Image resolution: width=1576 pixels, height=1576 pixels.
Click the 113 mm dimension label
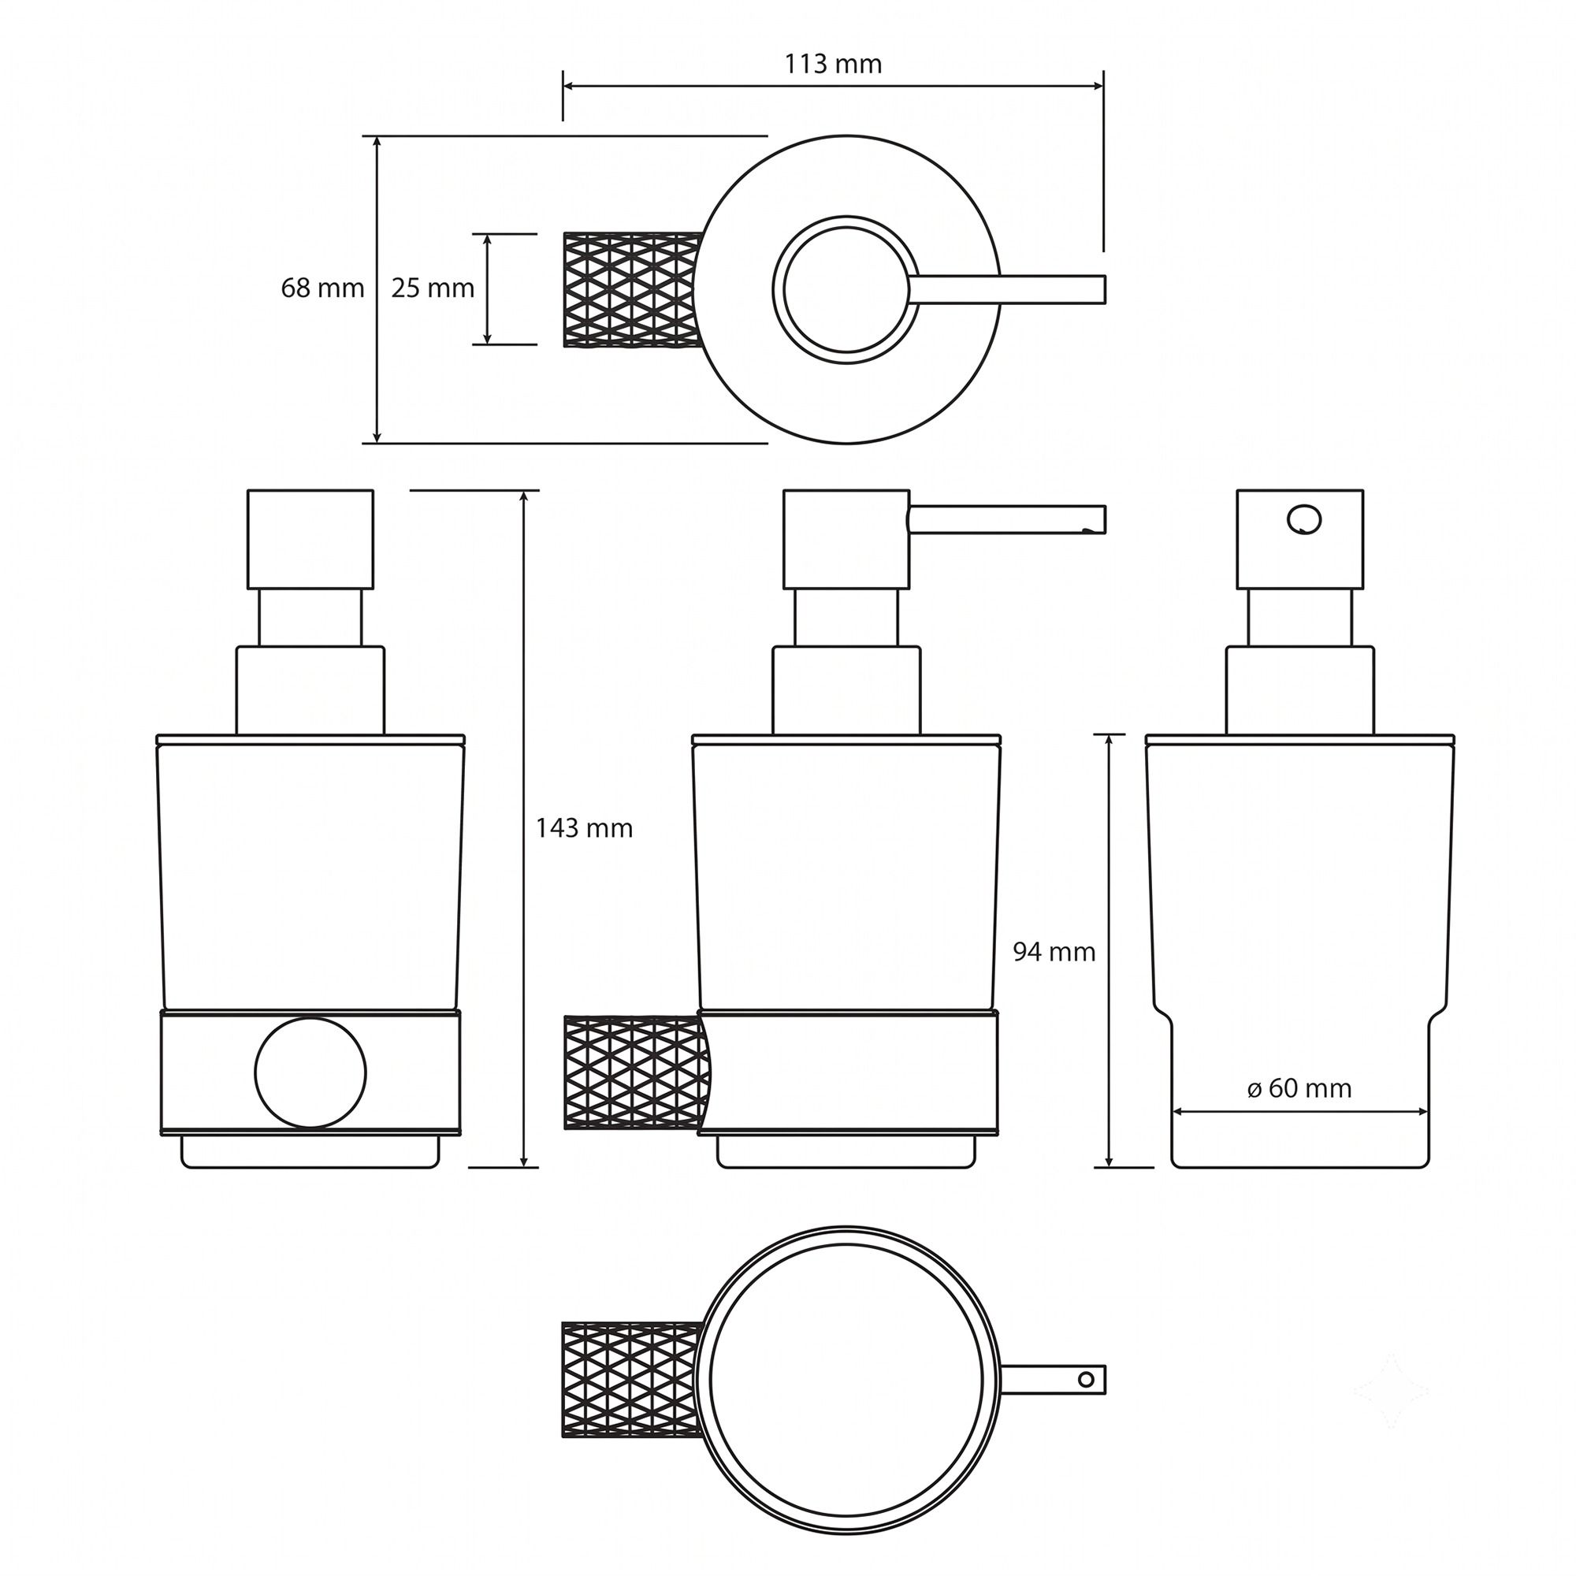(833, 65)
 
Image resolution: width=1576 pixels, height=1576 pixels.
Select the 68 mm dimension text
(322, 288)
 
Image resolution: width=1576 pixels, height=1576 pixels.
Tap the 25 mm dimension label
(433, 288)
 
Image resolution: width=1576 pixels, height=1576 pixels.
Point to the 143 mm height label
(584, 829)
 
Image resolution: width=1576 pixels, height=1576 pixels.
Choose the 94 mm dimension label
(1054, 952)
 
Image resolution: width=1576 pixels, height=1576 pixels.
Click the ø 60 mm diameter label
(1299, 1088)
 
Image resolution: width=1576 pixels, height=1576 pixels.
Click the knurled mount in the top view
(632, 289)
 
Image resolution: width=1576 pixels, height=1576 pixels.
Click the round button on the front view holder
(310, 1072)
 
